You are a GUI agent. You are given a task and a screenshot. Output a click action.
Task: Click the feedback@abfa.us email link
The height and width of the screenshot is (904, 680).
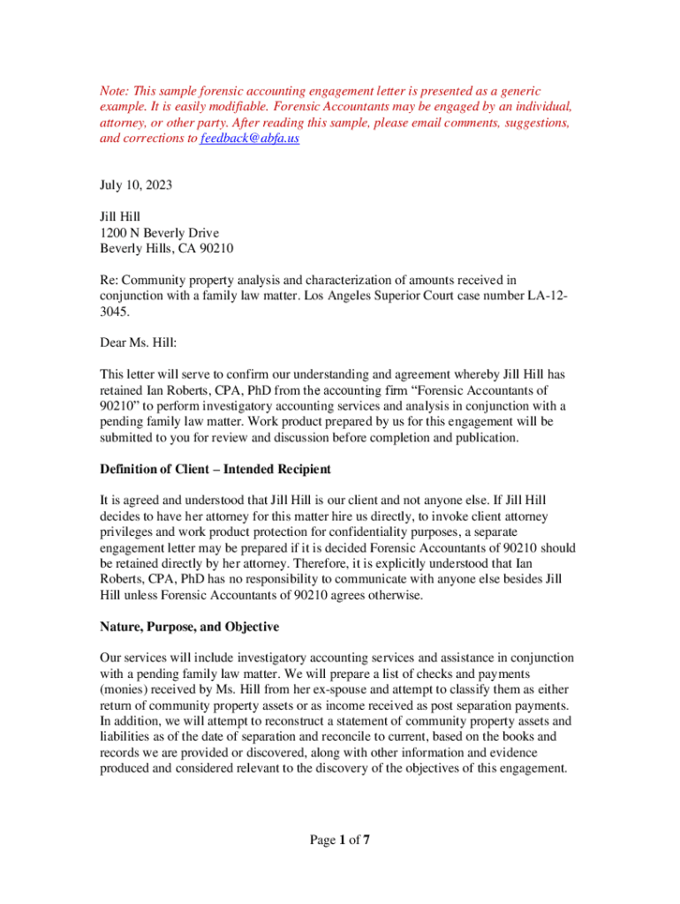(x=250, y=139)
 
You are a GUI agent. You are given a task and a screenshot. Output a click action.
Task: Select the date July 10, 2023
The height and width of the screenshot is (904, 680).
(x=136, y=185)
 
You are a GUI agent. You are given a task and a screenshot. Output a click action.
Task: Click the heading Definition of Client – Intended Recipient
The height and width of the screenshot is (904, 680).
(x=215, y=469)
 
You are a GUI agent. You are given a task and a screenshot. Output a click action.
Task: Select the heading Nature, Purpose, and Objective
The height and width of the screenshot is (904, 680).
(x=189, y=627)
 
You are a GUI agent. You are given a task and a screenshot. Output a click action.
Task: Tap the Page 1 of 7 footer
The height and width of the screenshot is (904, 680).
(x=339, y=840)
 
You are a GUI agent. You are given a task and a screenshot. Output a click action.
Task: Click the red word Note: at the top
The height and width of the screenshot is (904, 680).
(x=115, y=91)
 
